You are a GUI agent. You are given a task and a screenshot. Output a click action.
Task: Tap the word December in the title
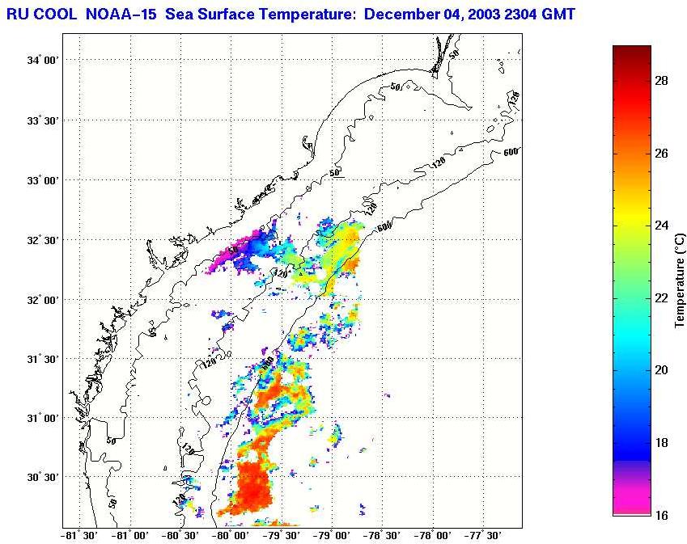click(x=397, y=14)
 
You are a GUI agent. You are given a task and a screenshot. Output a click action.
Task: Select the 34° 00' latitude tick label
click(x=41, y=61)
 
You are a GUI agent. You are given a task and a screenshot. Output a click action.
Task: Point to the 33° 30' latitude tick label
click(x=41, y=120)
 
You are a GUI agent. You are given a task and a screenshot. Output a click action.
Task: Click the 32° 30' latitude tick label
click(x=41, y=240)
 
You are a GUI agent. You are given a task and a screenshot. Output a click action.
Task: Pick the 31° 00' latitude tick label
click(x=41, y=419)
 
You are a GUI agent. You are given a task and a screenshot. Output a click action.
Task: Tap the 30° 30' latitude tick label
click(x=41, y=478)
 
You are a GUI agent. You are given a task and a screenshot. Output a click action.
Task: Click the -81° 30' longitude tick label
click(x=80, y=536)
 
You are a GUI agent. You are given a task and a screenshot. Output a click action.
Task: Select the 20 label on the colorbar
click(x=661, y=369)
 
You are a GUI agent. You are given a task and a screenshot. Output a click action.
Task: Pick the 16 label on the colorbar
click(x=661, y=514)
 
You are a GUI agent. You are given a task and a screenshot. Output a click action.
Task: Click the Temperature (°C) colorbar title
click(x=680, y=280)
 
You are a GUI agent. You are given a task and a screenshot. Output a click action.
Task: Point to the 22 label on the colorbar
click(x=661, y=297)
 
